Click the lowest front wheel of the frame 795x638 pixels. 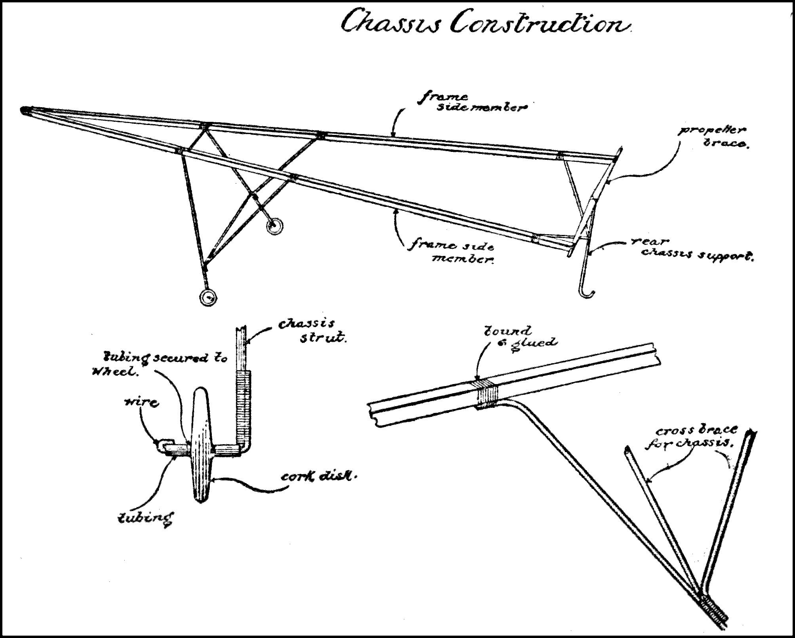[208, 297]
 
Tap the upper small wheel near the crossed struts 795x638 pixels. [274, 226]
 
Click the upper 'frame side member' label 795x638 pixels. [471, 102]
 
